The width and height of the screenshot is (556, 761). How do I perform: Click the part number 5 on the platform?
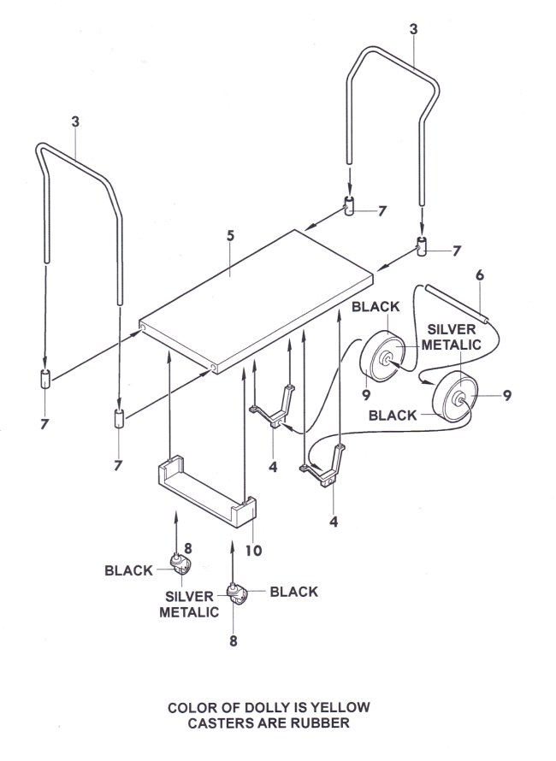tap(230, 236)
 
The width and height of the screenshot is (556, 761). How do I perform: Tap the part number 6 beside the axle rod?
tap(480, 275)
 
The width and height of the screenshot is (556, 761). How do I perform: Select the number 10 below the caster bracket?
tap(253, 551)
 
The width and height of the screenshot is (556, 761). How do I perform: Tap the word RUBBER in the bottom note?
tap(320, 723)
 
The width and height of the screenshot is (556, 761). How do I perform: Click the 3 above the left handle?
tap(75, 121)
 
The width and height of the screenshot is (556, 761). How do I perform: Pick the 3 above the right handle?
tap(413, 29)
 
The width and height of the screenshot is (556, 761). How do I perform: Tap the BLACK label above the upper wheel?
tap(376, 307)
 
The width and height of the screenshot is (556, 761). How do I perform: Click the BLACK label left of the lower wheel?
tap(393, 416)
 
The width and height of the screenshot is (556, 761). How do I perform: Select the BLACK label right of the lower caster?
tap(293, 592)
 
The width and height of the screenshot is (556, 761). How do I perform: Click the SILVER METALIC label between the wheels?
tap(451, 337)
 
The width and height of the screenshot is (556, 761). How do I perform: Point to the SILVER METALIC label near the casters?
tap(189, 605)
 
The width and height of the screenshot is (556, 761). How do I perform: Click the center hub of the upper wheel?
tap(387, 359)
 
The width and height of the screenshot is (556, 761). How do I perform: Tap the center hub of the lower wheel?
tap(458, 400)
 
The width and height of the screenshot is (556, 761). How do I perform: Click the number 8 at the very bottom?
tap(234, 641)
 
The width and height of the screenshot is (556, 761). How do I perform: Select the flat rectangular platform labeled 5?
tap(257, 301)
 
